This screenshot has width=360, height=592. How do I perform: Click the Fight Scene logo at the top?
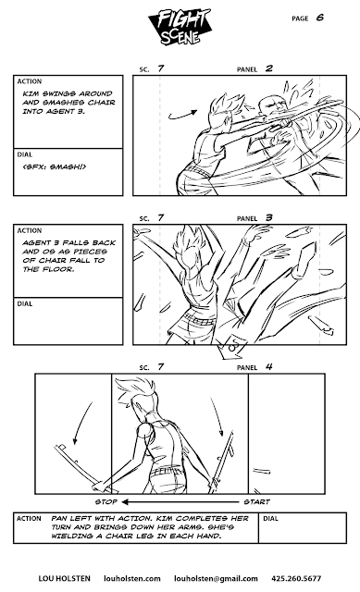click(179, 27)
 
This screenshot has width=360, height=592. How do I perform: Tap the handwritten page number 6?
click(320, 18)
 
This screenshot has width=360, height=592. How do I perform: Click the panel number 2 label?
click(268, 68)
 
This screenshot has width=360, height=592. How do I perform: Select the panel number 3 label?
click(268, 217)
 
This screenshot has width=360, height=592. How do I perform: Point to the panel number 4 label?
click(268, 366)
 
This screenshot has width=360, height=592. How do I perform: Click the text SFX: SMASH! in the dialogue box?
click(55, 166)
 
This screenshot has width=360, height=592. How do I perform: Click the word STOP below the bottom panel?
click(106, 501)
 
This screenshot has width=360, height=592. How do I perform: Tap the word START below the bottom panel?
click(256, 501)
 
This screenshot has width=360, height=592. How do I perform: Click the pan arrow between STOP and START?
click(180, 501)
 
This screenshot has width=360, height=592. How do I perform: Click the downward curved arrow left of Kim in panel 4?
click(81, 423)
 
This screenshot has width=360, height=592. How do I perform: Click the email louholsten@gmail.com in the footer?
click(216, 578)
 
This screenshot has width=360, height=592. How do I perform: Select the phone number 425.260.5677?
click(296, 578)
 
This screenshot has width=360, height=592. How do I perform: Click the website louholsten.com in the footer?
click(131, 578)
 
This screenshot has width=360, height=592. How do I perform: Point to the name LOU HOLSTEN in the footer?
click(64, 578)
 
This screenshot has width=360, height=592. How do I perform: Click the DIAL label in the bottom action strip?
click(270, 518)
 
